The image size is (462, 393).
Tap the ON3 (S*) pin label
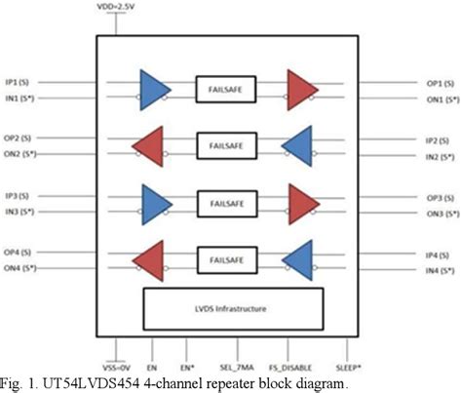pos(438,212)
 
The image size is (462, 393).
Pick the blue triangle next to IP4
pos(296,259)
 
